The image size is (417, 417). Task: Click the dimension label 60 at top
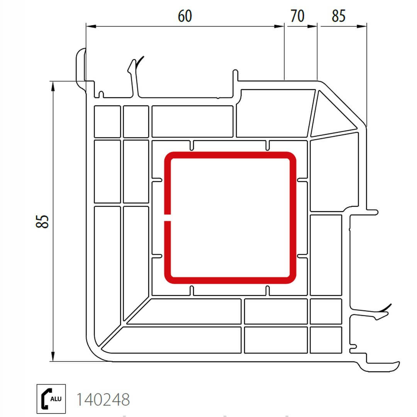click(185, 16)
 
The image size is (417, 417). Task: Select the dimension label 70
click(297, 16)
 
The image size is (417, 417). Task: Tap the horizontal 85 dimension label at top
click(339, 16)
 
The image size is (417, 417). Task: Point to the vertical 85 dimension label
click(42, 222)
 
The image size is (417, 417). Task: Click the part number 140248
click(103, 400)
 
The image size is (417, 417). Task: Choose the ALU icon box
click(51, 399)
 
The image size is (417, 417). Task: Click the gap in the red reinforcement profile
click(167, 217)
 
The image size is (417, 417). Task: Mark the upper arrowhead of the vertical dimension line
click(53, 86)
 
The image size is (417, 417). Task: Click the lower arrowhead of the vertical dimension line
click(53, 356)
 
